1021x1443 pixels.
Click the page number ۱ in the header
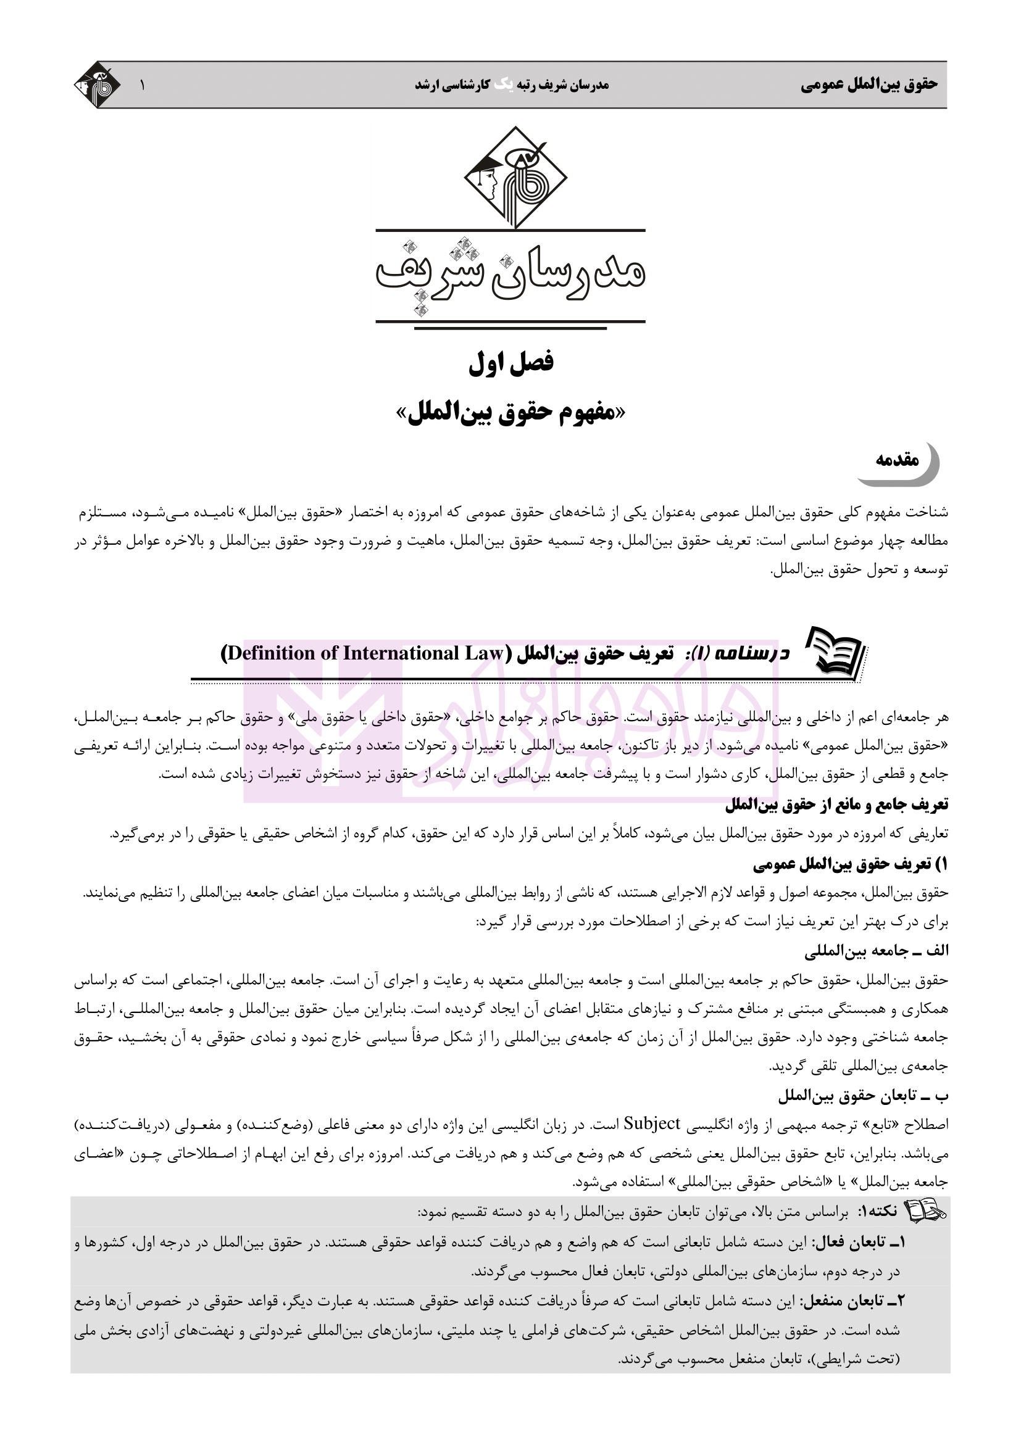tap(142, 85)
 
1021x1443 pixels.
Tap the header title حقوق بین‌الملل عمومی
tap(869, 85)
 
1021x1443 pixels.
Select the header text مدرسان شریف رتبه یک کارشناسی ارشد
tap(511, 85)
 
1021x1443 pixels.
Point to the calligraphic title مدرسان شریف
tap(511, 275)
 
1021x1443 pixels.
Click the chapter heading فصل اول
tap(511, 363)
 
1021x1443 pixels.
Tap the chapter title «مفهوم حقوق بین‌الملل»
tap(511, 413)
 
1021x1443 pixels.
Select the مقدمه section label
tap(898, 460)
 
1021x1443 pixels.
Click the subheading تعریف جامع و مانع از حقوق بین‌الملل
tap(836, 805)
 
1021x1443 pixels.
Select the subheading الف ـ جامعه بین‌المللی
tap(877, 951)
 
